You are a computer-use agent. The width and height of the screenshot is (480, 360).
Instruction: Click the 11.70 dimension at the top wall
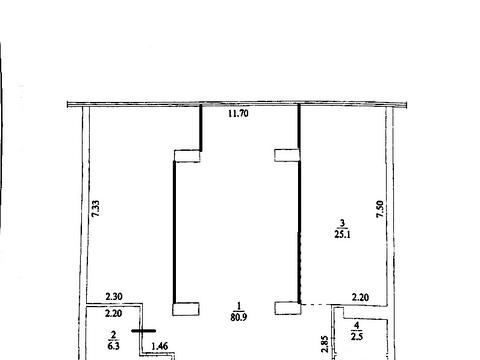tap(238, 113)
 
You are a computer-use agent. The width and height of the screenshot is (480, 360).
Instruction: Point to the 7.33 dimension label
tap(96, 209)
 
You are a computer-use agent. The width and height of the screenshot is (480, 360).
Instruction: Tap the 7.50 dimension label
tap(380, 209)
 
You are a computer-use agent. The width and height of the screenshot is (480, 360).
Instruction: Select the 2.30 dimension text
tap(114, 296)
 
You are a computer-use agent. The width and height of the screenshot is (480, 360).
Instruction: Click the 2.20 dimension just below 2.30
tap(113, 313)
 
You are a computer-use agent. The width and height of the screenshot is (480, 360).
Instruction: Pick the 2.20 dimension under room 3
tap(360, 297)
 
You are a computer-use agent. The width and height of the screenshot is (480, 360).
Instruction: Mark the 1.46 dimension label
tap(160, 346)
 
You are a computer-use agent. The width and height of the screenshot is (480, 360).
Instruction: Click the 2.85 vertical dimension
tap(324, 344)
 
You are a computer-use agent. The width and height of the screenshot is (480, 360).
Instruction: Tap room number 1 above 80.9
tap(239, 306)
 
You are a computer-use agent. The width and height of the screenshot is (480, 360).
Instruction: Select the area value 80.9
tap(239, 317)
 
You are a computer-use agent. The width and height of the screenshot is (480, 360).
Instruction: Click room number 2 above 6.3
tap(113, 334)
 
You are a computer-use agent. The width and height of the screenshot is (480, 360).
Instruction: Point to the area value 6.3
tap(113, 346)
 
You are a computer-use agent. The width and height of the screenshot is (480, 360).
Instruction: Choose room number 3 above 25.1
tap(342, 223)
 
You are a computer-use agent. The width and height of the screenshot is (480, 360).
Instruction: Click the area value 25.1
tap(342, 234)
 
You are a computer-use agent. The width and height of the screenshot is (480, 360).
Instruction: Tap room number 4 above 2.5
tap(357, 325)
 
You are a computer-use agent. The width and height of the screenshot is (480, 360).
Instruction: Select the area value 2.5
tap(357, 336)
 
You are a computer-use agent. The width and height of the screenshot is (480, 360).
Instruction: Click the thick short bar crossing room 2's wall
tap(144, 331)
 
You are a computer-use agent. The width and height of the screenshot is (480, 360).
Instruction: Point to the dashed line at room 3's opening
tap(316, 304)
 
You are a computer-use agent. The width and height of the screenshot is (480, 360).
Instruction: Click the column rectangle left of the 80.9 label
tap(186, 309)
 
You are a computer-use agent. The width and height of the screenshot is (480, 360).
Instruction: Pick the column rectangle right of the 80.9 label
tap(288, 308)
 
